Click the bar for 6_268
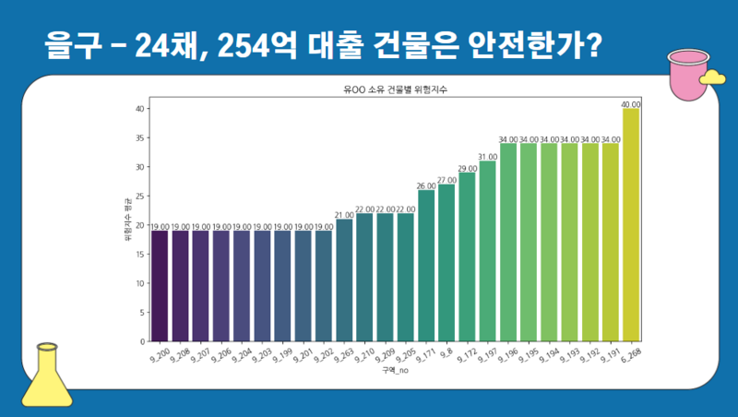click(x=631, y=225)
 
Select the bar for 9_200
click(x=160, y=286)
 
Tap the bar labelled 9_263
click(x=344, y=280)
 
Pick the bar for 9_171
click(x=426, y=266)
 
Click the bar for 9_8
click(x=446, y=263)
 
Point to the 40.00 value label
click(x=631, y=104)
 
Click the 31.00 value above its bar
click(x=487, y=157)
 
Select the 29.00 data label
click(x=467, y=169)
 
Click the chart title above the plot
click(x=394, y=89)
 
